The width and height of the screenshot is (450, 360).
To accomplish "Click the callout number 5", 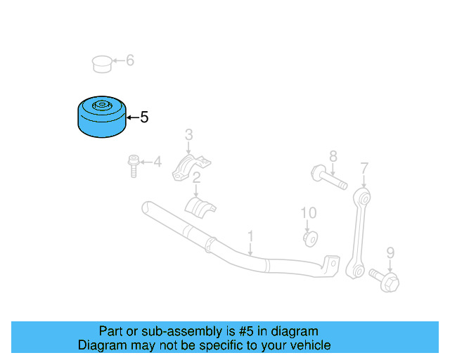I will click(x=144, y=117).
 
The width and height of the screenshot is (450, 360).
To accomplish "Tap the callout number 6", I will click(x=129, y=60).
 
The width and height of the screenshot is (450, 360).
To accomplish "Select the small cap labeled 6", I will click(x=103, y=63).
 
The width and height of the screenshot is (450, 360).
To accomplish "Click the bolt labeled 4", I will click(x=133, y=166).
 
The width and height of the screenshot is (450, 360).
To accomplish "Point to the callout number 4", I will click(x=157, y=163).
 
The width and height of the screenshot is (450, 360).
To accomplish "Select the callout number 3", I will click(x=188, y=134).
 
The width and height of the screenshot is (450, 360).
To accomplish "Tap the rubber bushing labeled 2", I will click(x=200, y=207).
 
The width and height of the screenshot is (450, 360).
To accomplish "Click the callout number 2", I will click(x=197, y=178).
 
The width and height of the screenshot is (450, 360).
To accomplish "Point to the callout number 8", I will click(x=333, y=156).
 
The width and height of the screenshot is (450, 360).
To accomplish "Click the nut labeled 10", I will click(x=309, y=238).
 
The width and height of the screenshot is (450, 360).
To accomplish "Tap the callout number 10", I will click(x=309, y=212).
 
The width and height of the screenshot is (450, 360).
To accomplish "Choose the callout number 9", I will click(x=390, y=252).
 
